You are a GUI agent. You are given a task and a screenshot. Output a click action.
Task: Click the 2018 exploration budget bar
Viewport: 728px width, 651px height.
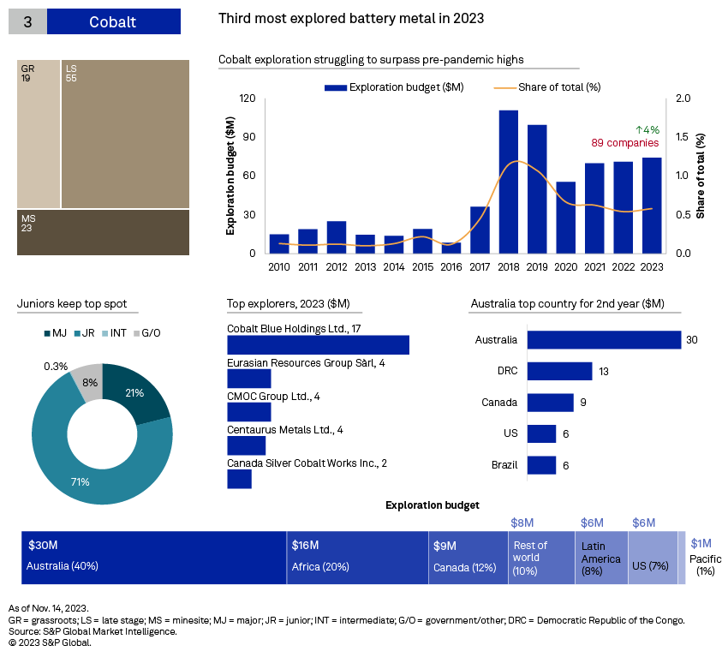[x=509, y=182]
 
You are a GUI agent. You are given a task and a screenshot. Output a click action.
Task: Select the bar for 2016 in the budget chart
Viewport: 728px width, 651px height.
[x=451, y=248]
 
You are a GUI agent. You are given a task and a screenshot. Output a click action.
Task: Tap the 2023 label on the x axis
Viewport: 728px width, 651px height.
[x=652, y=267]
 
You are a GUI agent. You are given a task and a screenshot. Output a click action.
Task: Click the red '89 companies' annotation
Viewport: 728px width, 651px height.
[x=624, y=143]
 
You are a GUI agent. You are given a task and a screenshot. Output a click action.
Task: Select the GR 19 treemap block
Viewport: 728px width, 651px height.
[x=39, y=134]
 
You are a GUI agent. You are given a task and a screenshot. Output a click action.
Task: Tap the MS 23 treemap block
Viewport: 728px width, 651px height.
[x=103, y=232]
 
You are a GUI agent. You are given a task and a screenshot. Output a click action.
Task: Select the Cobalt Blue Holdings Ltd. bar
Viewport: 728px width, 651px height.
[x=318, y=344]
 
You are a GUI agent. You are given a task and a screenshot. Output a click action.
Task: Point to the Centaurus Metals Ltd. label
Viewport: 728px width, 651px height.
[x=284, y=429]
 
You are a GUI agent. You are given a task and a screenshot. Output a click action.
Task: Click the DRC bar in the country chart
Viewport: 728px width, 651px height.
[x=559, y=371]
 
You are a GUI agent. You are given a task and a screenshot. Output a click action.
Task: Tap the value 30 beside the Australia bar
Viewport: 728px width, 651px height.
[x=691, y=339]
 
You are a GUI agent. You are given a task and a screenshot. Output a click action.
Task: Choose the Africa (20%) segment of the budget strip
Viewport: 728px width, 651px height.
[x=357, y=558]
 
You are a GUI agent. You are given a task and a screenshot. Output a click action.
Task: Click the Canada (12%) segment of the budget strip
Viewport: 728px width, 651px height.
[x=468, y=558]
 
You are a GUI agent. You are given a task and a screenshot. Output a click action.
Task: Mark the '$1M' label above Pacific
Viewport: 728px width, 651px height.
[x=701, y=543]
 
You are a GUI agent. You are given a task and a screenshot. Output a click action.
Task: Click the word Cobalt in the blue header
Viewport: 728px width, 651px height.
[x=112, y=22]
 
